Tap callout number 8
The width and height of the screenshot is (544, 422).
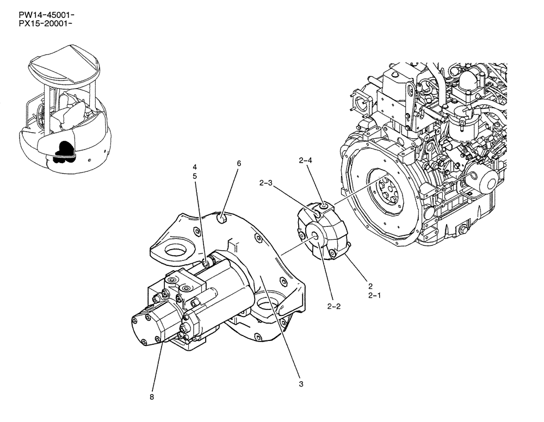click(x=152, y=397)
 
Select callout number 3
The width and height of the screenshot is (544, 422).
click(x=301, y=384)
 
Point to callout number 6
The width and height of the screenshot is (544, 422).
click(x=238, y=163)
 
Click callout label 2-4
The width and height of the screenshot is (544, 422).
click(x=305, y=160)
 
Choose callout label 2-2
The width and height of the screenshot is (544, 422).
click(x=335, y=306)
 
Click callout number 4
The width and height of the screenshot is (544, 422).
click(x=194, y=166)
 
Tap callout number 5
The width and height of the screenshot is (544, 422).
click(x=194, y=176)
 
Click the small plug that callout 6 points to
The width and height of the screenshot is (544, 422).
click(x=222, y=219)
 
